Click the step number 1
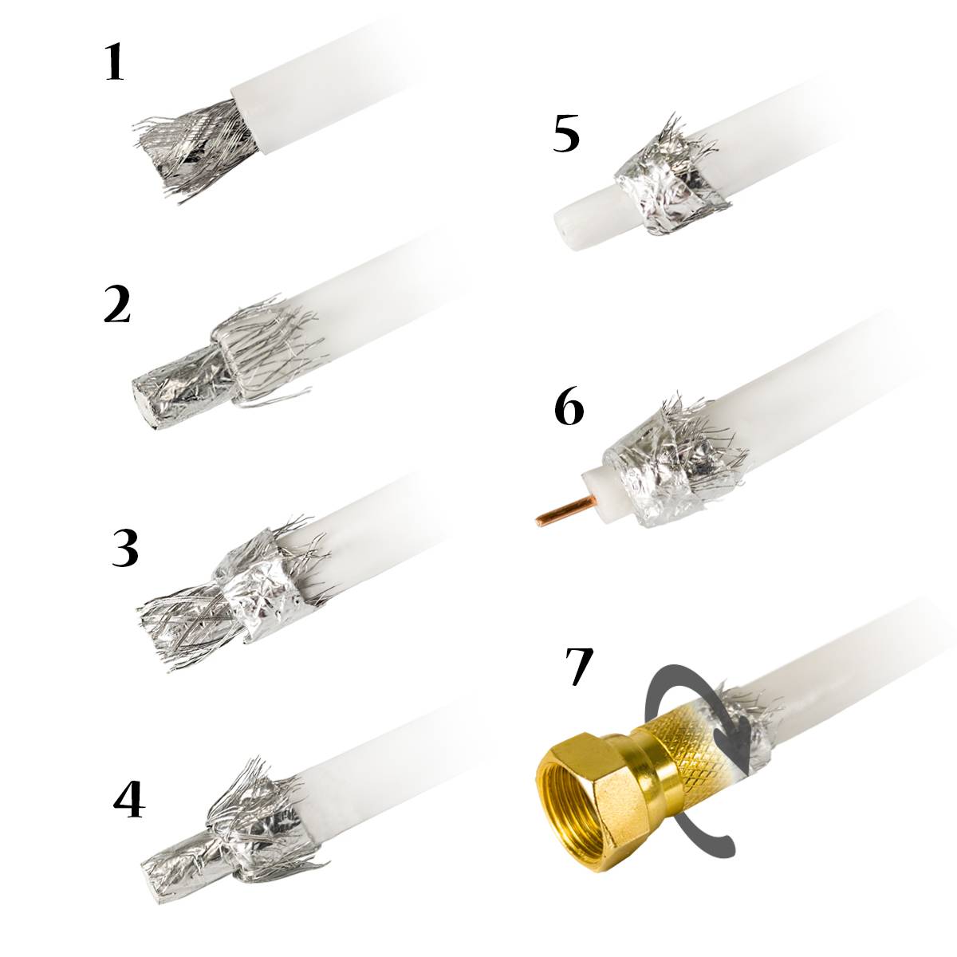(x=115, y=64)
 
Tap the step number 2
(x=116, y=305)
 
